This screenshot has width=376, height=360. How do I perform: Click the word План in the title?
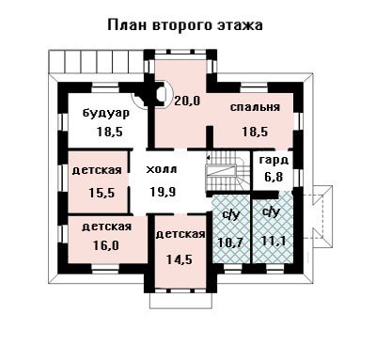[x=127, y=25]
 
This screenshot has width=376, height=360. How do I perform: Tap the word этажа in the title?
[x=240, y=25]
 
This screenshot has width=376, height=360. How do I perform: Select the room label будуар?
[x=106, y=113]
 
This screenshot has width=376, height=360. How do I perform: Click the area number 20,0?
[x=187, y=101]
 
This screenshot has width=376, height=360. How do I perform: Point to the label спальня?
[x=255, y=107]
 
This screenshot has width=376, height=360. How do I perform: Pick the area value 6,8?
[x=274, y=177]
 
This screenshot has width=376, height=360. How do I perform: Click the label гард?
[x=274, y=161]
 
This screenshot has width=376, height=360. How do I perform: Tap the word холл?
[x=162, y=169]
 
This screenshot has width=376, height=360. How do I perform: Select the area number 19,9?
[x=163, y=192]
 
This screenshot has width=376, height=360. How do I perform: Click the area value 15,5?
[x=102, y=193]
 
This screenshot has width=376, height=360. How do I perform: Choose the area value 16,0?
[x=106, y=245]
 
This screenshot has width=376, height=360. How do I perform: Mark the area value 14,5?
[x=180, y=259]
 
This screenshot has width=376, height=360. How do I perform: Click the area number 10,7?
[x=231, y=243]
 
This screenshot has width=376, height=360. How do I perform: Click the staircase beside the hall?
[x=227, y=172]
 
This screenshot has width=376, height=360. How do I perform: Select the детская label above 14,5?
[x=180, y=235]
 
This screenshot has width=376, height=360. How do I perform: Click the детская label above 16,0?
[x=106, y=227]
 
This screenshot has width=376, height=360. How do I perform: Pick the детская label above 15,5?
[x=97, y=170]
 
